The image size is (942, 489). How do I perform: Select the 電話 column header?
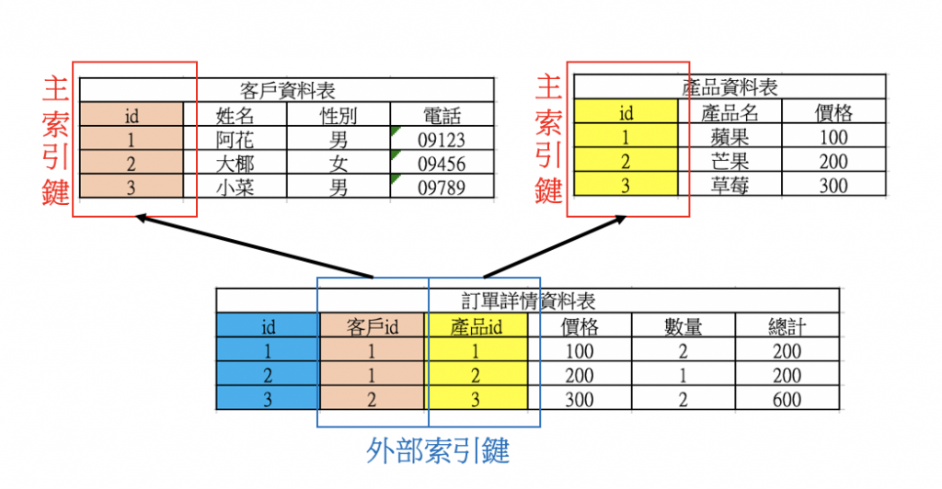[x=442, y=115]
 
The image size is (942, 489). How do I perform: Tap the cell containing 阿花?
[x=235, y=140]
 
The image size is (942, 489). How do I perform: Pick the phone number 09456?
[x=442, y=165]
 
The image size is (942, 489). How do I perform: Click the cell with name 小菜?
[x=235, y=188]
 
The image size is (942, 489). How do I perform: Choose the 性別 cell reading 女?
[x=339, y=165]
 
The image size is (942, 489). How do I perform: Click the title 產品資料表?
[x=729, y=87]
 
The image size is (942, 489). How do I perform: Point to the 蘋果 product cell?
[x=729, y=138]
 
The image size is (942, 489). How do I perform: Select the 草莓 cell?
[x=729, y=185]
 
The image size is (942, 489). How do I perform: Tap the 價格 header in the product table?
[x=833, y=113]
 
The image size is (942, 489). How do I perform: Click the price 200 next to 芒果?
[x=833, y=162]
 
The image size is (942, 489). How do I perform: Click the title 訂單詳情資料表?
[x=528, y=301]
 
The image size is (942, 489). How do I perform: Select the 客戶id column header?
[x=373, y=326]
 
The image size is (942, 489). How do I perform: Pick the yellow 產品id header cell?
[x=477, y=326]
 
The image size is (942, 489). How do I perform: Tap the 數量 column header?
[x=684, y=326]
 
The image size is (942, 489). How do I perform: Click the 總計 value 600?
[x=787, y=399]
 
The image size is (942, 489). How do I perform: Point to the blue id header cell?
[x=269, y=326]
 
